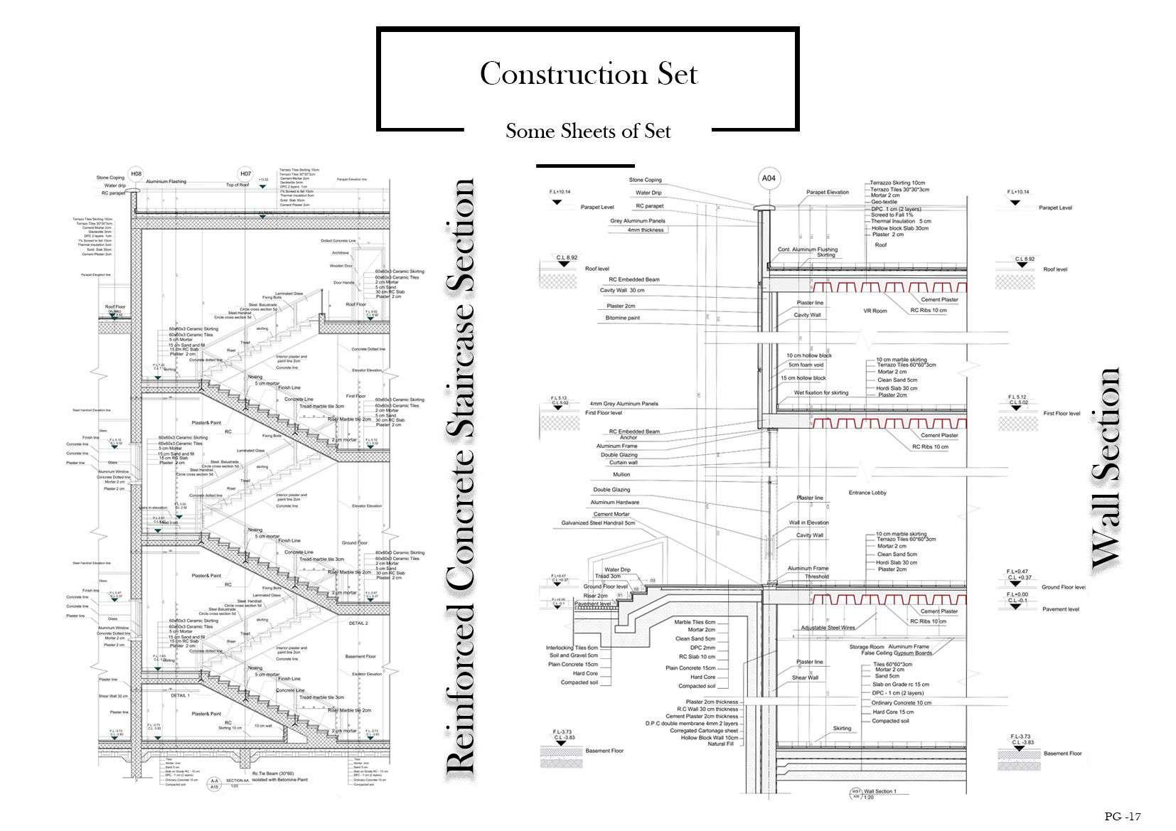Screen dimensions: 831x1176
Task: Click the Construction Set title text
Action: pos(588,74)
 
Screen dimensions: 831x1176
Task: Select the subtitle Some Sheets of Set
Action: pos(588,131)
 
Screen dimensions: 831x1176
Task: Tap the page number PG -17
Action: pos(1123,817)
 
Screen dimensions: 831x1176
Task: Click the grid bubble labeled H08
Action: pos(137,173)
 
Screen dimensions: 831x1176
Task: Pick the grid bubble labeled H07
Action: pos(245,173)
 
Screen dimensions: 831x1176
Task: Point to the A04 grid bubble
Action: pos(769,178)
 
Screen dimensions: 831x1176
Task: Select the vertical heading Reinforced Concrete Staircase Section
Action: pos(461,476)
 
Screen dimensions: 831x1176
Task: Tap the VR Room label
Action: pos(875,311)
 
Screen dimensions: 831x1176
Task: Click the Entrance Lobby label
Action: pos(867,493)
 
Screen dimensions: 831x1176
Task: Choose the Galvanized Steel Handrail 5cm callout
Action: pos(598,523)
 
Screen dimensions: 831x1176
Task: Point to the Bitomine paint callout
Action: pos(622,318)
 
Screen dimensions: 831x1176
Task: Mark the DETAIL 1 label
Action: pos(180,696)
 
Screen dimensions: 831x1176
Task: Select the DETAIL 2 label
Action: pos(358,623)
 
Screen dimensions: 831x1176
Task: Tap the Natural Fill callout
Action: pos(722,744)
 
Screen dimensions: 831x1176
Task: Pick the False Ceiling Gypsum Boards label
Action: pos(892,653)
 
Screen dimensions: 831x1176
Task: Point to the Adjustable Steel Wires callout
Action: pos(828,628)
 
